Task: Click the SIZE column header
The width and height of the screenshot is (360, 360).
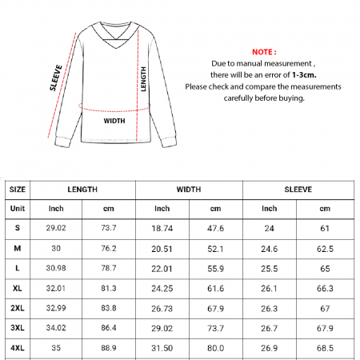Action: point(18,190)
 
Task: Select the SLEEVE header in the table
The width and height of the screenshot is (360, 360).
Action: point(298,190)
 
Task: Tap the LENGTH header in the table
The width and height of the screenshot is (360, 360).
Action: point(82,190)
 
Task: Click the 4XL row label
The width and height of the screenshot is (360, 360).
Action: point(18,349)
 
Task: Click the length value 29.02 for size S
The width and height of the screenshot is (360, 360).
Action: point(56,228)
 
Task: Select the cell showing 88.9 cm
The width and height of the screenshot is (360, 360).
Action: point(109,349)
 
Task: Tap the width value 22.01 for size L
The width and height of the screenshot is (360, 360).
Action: point(162,268)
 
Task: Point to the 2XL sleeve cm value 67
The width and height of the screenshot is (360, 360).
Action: point(325,308)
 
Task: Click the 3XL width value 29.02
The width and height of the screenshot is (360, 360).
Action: point(162,328)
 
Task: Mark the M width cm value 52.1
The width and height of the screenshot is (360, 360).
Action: point(215,248)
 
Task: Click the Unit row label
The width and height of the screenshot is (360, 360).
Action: point(18,209)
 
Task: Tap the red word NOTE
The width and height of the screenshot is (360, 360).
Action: point(263,49)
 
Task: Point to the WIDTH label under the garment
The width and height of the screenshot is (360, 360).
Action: point(114,122)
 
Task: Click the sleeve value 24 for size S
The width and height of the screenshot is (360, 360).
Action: point(270,228)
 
